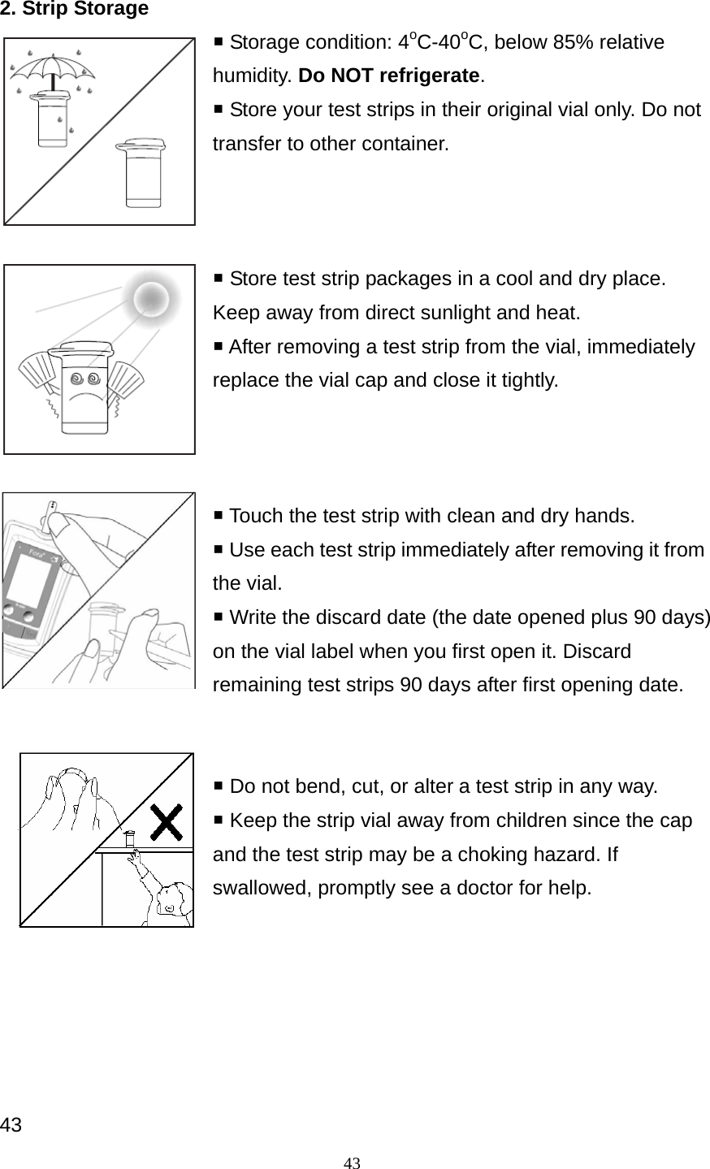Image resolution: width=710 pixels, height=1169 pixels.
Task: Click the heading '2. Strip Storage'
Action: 74,9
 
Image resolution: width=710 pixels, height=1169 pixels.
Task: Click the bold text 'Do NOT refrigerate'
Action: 390,76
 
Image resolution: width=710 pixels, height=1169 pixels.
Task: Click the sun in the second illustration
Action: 150,299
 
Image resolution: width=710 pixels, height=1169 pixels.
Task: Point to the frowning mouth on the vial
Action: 84,400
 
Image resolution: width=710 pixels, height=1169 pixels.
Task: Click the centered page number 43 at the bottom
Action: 352,1162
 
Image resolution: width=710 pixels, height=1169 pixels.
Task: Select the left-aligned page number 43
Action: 11,1125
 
